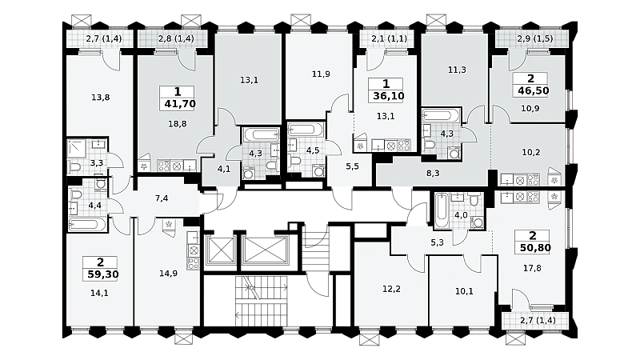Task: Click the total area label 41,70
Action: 180,104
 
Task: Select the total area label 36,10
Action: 389,96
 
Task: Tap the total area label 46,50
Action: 533,90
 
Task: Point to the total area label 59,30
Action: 103,274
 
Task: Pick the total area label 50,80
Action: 535,248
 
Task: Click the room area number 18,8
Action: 178,124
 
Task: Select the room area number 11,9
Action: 321,74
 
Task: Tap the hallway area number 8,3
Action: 433,173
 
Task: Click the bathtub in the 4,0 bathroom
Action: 442,210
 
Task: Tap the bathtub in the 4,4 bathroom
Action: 88,224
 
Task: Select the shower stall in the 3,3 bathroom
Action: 76,149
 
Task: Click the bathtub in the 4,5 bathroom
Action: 306,130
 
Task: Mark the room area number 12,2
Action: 391,289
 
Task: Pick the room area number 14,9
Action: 168,274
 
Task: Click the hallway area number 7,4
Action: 162,198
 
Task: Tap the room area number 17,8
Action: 532,268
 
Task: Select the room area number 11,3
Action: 457,70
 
